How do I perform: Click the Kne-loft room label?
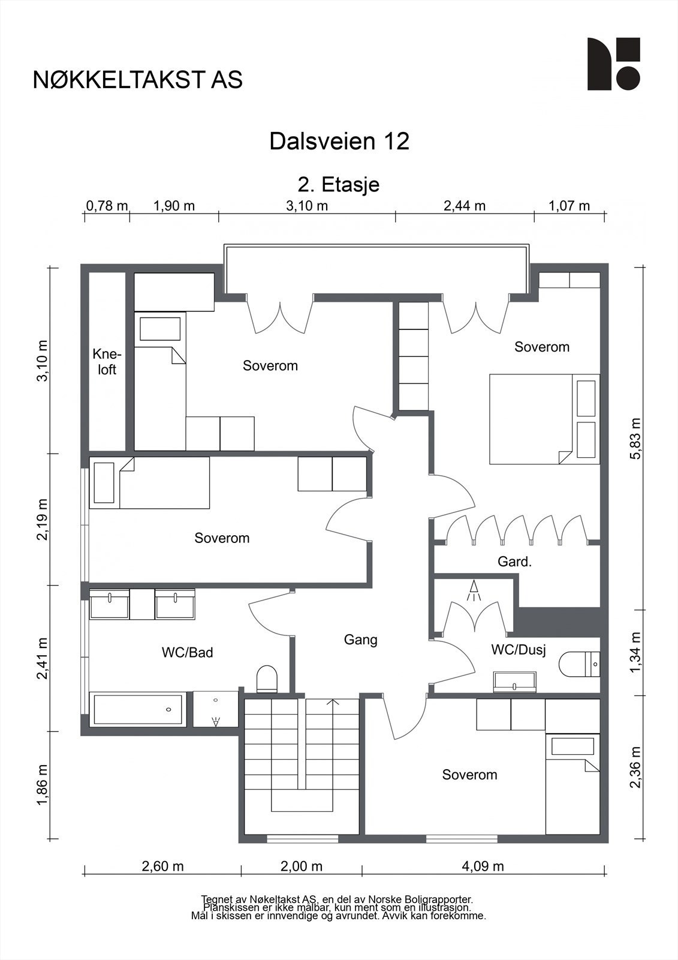(107, 362)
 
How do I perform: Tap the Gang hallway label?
(361, 640)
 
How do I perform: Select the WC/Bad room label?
(187, 652)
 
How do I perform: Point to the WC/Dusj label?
(519, 650)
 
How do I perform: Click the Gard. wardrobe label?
(514, 562)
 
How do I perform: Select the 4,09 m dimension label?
(483, 866)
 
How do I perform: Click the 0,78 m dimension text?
(107, 206)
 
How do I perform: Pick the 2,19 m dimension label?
(43, 519)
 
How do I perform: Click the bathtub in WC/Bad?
(138, 709)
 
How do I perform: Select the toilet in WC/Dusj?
(580, 664)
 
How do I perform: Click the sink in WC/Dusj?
(515, 682)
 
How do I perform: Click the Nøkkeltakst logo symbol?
(614, 64)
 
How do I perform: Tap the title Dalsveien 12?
(339, 141)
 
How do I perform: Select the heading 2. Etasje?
(339, 185)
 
